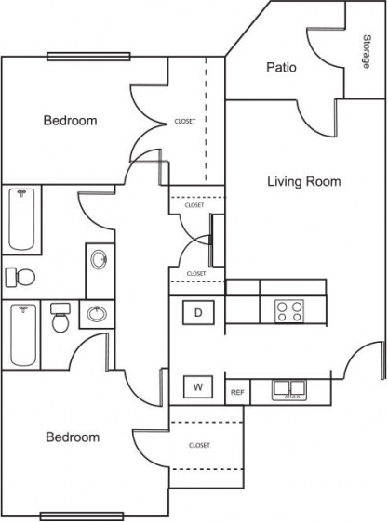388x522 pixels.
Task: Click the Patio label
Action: [x=281, y=67]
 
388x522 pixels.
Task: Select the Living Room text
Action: [x=303, y=182]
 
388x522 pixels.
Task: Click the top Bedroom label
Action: [x=71, y=121]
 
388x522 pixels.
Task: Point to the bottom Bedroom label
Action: [x=73, y=437]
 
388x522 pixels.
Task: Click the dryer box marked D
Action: [x=198, y=313]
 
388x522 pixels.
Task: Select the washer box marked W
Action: [x=198, y=386]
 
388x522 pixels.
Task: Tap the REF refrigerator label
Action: [x=237, y=393]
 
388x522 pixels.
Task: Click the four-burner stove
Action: [x=288, y=310]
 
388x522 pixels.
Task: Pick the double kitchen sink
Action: [x=289, y=391]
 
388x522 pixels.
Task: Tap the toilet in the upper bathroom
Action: [x=20, y=277]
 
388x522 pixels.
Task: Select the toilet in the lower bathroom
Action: [x=61, y=319]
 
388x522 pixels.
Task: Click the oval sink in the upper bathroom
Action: [x=99, y=259]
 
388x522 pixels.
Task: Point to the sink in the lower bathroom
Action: [x=96, y=315]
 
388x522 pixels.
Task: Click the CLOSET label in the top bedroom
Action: [x=185, y=122]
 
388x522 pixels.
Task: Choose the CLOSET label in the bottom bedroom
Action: [x=199, y=445]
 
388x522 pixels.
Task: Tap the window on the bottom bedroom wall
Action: [x=69, y=515]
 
